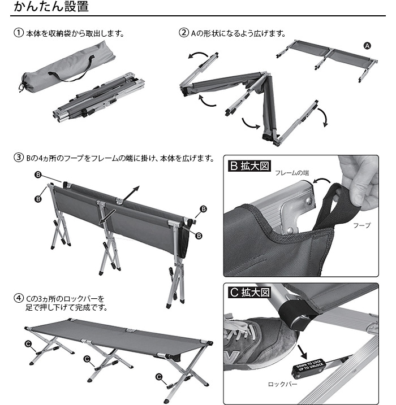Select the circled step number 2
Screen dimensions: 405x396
point(183,33)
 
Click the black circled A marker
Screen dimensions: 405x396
point(366,46)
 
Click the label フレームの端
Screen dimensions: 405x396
point(292,173)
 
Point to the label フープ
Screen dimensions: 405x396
point(361,225)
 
